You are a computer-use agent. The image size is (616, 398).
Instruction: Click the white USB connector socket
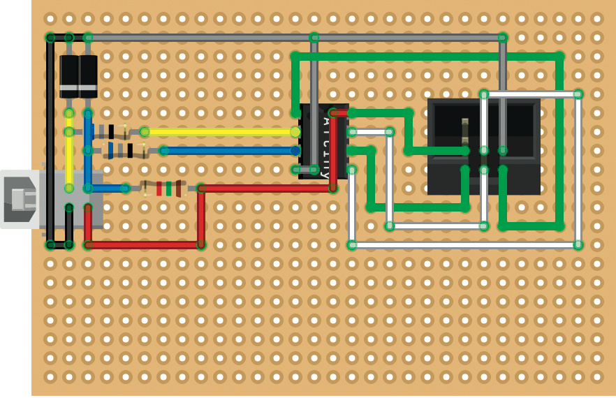click(x=20, y=199)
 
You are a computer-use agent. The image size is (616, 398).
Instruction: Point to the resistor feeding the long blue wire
click(x=126, y=150)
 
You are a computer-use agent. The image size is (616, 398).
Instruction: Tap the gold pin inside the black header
click(x=465, y=131)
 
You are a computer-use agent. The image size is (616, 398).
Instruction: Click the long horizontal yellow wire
click(x=220, y=131)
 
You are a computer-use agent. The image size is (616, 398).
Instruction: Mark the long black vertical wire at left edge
click(x=50, y=140)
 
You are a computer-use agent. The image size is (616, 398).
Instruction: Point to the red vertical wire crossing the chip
click(x=333, y=150)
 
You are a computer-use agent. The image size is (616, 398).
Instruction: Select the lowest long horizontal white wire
click(x=464, y=245)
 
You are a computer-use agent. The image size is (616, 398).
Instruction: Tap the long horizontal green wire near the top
click(x=426, y=56)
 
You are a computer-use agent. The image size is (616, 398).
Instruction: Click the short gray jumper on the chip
click(x=305, y=169)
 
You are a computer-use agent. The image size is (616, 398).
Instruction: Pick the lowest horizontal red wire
click(x=144, y=245)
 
